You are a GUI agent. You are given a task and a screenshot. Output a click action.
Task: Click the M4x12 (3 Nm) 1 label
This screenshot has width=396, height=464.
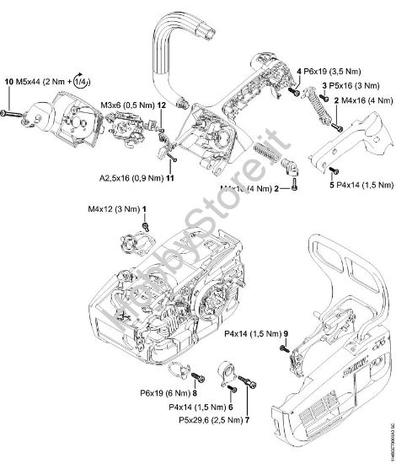pyautogui.click(x=118, y=207)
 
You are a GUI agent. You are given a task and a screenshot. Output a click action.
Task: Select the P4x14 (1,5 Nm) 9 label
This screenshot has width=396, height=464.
pyautogui.click(x=257, y=335)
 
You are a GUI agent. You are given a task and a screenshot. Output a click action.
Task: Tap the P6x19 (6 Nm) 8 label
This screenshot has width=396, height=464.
pyautogui.click(x=169, y=392)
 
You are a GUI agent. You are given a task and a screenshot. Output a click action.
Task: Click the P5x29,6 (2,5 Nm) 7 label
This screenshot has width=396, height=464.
pyautogui.click(x=209, y=419)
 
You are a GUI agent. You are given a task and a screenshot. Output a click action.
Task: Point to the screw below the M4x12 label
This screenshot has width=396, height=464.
pyautogui.click(x=146, y=225)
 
